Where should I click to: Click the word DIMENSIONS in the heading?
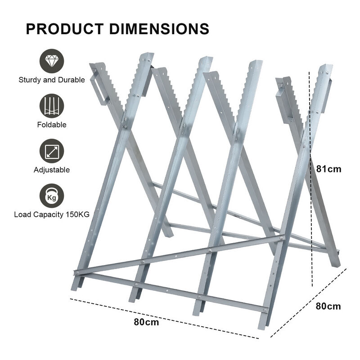159,28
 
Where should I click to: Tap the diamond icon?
52,61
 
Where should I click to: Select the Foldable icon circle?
52,106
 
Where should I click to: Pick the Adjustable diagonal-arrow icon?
52,151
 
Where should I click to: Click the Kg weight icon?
52,196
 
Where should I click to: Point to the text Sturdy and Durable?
52,80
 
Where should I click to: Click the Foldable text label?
52,125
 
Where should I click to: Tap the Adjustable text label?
52,170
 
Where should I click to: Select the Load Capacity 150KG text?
52,215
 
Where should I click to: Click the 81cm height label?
328,169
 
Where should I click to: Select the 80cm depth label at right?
328,306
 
